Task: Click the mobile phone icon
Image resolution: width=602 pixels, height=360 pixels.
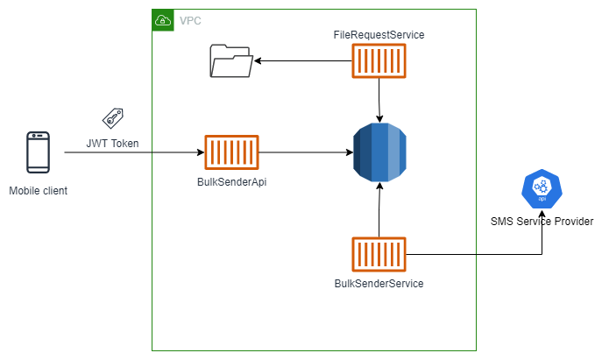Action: click(x=38, y=152)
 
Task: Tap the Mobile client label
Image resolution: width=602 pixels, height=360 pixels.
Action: click(x=38, y=190)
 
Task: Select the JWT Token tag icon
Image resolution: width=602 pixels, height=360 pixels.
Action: click(x=112, y=119)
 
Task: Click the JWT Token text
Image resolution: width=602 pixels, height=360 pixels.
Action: click(x=112, y=143)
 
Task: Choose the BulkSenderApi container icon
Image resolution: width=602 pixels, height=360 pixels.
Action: click(x=231, y=152)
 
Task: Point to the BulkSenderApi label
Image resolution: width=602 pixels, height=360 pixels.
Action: click(x=231, y=181)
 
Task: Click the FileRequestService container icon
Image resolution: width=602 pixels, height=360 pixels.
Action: click(x=379, y=60)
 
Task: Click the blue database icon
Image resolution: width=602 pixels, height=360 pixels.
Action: click(x=379, y=152)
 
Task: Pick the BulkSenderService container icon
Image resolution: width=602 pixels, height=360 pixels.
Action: click(x=379, y=255)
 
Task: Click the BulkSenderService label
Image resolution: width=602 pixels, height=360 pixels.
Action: click(x=379, y=284)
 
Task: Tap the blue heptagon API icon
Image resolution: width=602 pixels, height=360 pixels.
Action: click(x=542, y=191)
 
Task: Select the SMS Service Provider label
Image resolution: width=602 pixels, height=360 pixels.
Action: click(x=542, y=222)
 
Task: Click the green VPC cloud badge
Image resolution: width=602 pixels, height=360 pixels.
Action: click(x=163, y=20)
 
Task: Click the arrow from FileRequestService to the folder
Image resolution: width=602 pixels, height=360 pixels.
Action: click(x=302, y=60)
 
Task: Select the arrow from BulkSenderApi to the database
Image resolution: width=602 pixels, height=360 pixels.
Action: click(x=306, y=152)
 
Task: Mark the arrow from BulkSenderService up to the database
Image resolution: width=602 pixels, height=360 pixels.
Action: click(x=379, y=211)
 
